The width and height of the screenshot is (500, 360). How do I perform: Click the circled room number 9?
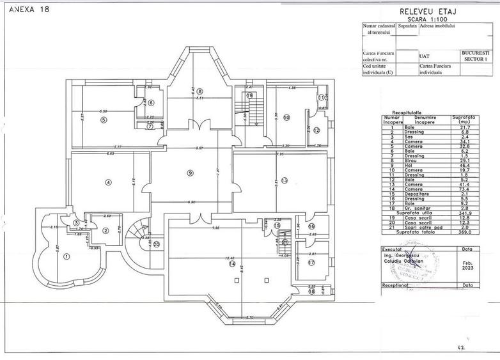point(189,173)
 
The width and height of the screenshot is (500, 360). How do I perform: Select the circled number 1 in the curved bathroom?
point(67,256)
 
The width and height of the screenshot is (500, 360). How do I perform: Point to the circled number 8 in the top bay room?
point(199,91)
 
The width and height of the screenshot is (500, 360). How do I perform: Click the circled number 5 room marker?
point(103,120)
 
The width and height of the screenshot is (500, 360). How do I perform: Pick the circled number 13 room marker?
point(284,180)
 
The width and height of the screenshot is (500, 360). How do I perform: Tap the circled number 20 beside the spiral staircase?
point(155,244)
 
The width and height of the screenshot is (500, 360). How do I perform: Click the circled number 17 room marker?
point(311,262)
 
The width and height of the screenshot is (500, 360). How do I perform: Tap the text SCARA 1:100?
point(425,19)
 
